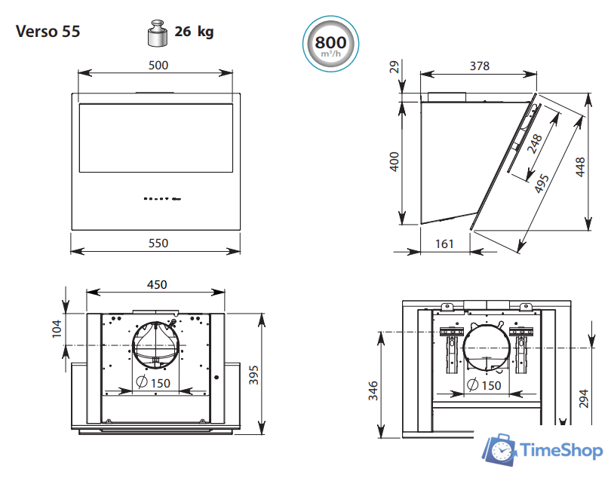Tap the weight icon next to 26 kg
(156, 33)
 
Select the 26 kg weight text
(194, 32)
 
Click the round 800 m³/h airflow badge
(330, 42)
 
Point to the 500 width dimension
(158, 65)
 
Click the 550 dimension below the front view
(158, 243)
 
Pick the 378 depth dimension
(479, 66)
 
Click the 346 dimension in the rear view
(373, 391)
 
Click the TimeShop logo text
(561, 451)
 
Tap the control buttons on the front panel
(161, 199)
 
